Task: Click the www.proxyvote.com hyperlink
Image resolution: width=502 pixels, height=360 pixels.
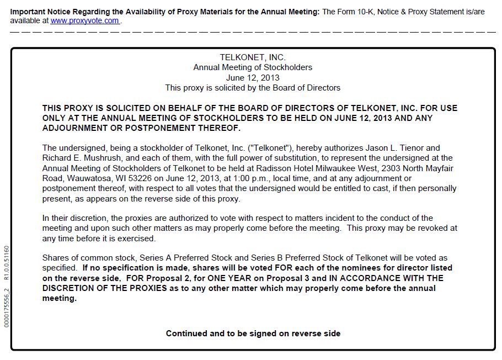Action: tap(85, 21)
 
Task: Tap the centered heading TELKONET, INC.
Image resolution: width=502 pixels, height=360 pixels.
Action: tap(253, 57)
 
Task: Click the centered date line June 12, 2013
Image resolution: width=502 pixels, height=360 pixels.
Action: tap(253, 77)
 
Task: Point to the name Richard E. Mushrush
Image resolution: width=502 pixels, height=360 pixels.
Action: tap(80, 158)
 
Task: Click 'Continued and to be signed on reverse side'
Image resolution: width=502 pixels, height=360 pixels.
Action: tap(253, 333)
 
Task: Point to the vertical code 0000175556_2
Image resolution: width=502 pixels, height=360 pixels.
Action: tap(7, 306)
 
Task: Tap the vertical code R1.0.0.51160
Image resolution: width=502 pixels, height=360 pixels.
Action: tap(7, 264)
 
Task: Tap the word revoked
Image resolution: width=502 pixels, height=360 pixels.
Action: tap(432, 228)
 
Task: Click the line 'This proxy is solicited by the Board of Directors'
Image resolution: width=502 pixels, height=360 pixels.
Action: tap(253, 88)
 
